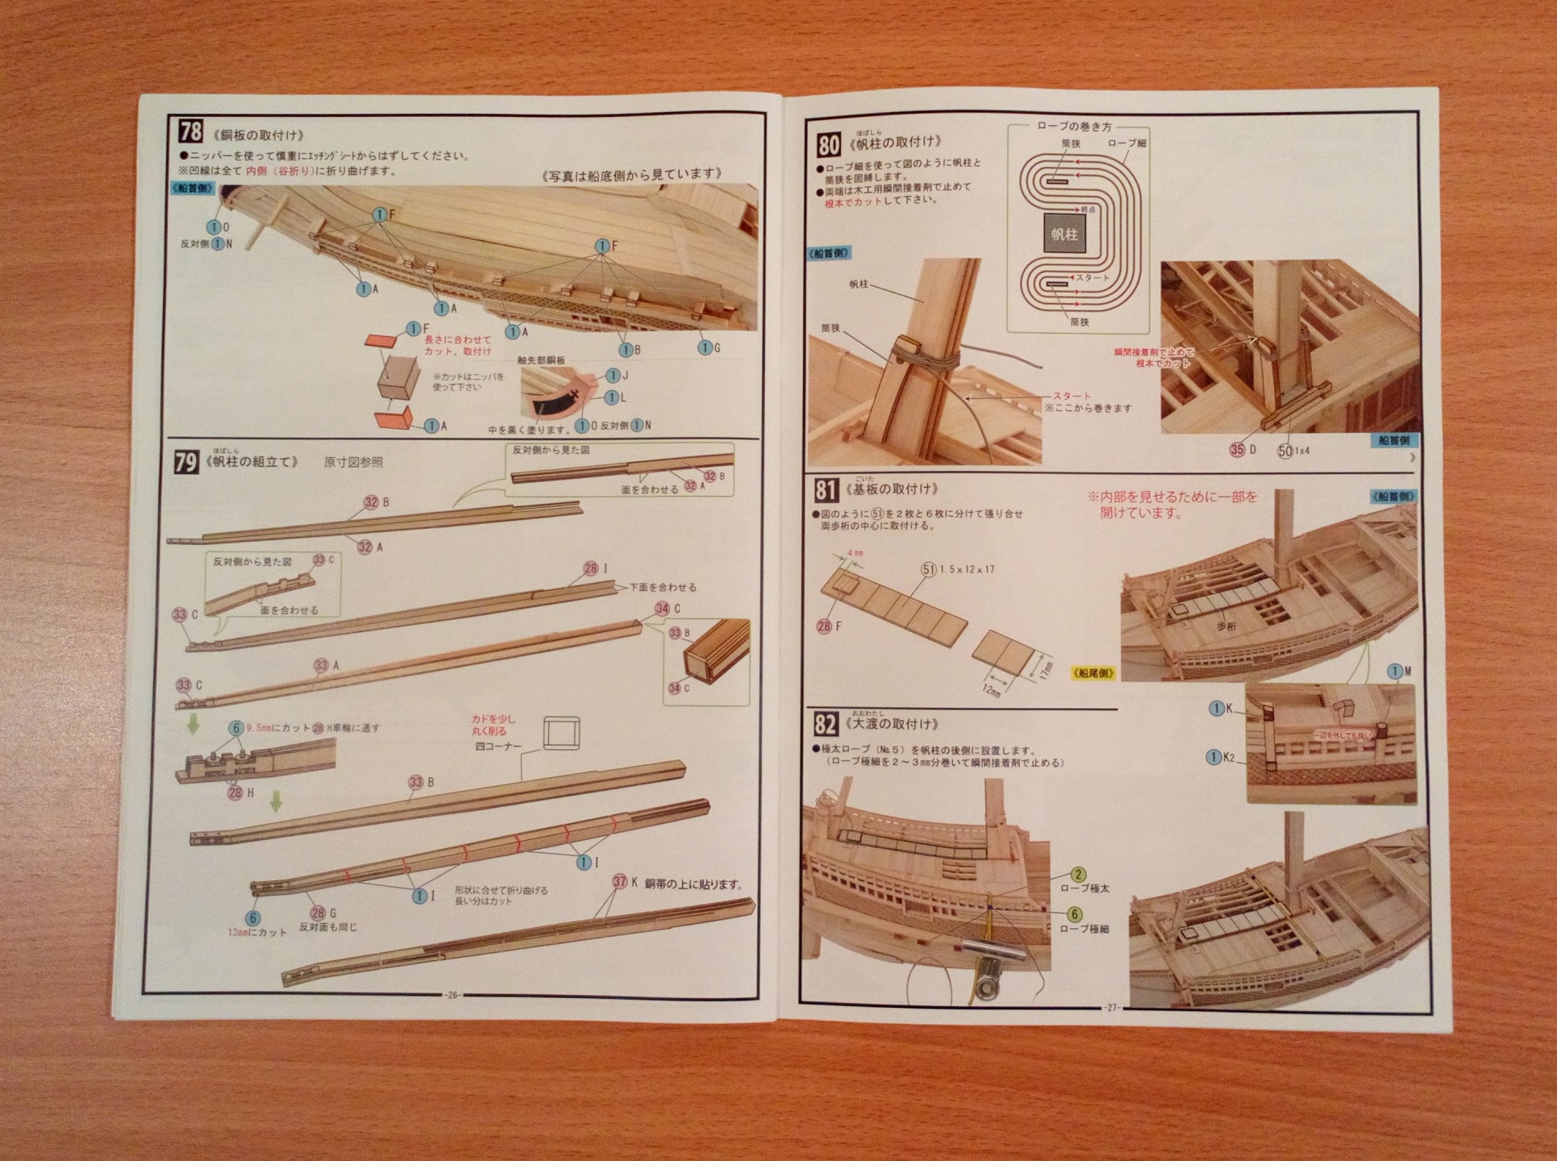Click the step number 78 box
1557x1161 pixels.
pyautogui.click(x=191, y=131)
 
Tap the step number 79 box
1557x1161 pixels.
pyautogui.click(x=186, y=462)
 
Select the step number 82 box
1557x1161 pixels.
pyautogui.click(x=825, y=724)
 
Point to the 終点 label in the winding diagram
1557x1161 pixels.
pyautogui.click(x=1089, y=209)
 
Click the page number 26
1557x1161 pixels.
pyautogui.click(x=452, y=995)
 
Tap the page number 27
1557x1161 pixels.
pyautogui.click(x=1112, y=1008)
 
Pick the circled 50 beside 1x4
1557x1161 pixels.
pyautogui.click(x=1285, y=450)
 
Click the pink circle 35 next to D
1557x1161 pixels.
pyautogui.click(x=1237, y=449)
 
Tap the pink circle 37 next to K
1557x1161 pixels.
pyautogui.click(x=619, y=882)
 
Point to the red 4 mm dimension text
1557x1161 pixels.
pyautogui.click(x=855, y=553)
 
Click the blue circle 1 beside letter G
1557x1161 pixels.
pyautogui.click(x=705, y=347)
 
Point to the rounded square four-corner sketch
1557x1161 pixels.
pyautogui.click(x=561, y=734)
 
